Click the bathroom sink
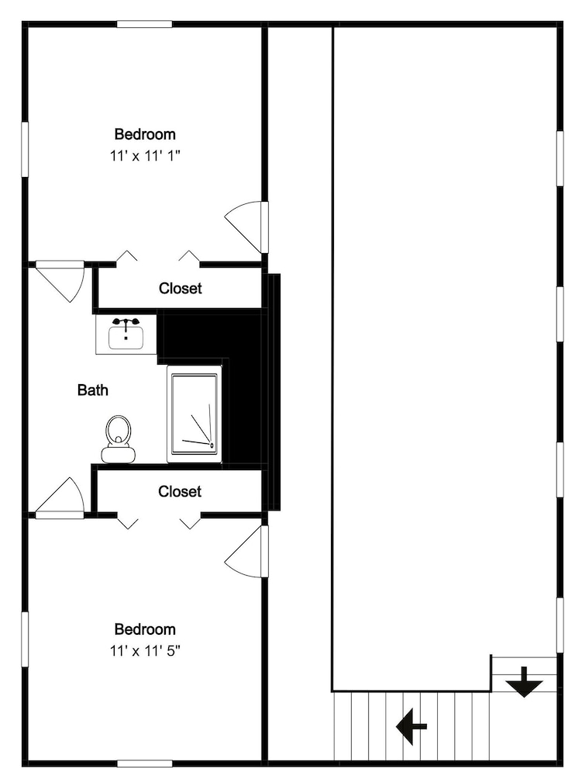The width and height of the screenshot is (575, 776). coord(126,334)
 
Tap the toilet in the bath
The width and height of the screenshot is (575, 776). coord(118,439)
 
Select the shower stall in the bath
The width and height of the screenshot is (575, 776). coord(195,414)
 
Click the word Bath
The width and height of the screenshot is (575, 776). coord(93,390)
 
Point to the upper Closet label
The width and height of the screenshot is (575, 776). coord(181,288)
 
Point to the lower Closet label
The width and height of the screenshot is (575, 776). coord(180,491)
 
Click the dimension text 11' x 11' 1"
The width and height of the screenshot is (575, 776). coord(145,156)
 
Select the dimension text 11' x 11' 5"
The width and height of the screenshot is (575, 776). coord(145,650)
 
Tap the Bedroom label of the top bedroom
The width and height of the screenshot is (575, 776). coord(145,134)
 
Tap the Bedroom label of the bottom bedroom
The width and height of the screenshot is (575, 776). coord(145,629)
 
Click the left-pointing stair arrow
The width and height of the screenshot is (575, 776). coord(411,726)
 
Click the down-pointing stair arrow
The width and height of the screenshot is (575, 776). coord(524,682)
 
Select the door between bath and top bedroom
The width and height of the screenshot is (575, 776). coord(60,281)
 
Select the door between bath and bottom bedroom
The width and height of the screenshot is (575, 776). coord(60,498)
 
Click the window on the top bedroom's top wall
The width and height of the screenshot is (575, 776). coord(144,24)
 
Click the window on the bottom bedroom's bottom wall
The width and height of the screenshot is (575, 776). coord(144,764)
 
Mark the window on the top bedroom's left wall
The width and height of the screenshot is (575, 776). coord(25,149)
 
